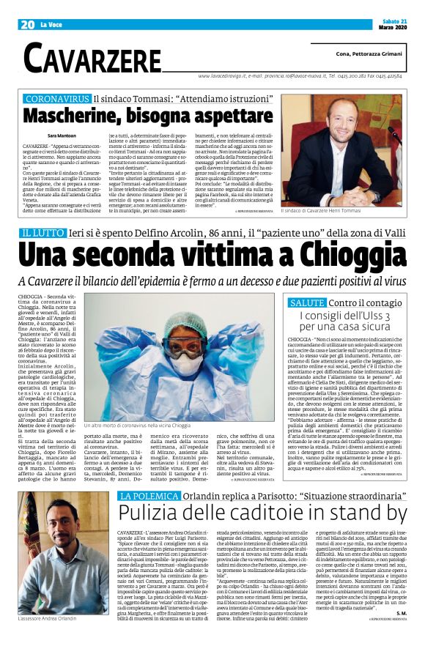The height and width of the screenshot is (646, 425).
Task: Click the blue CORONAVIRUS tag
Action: (53, 97)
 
